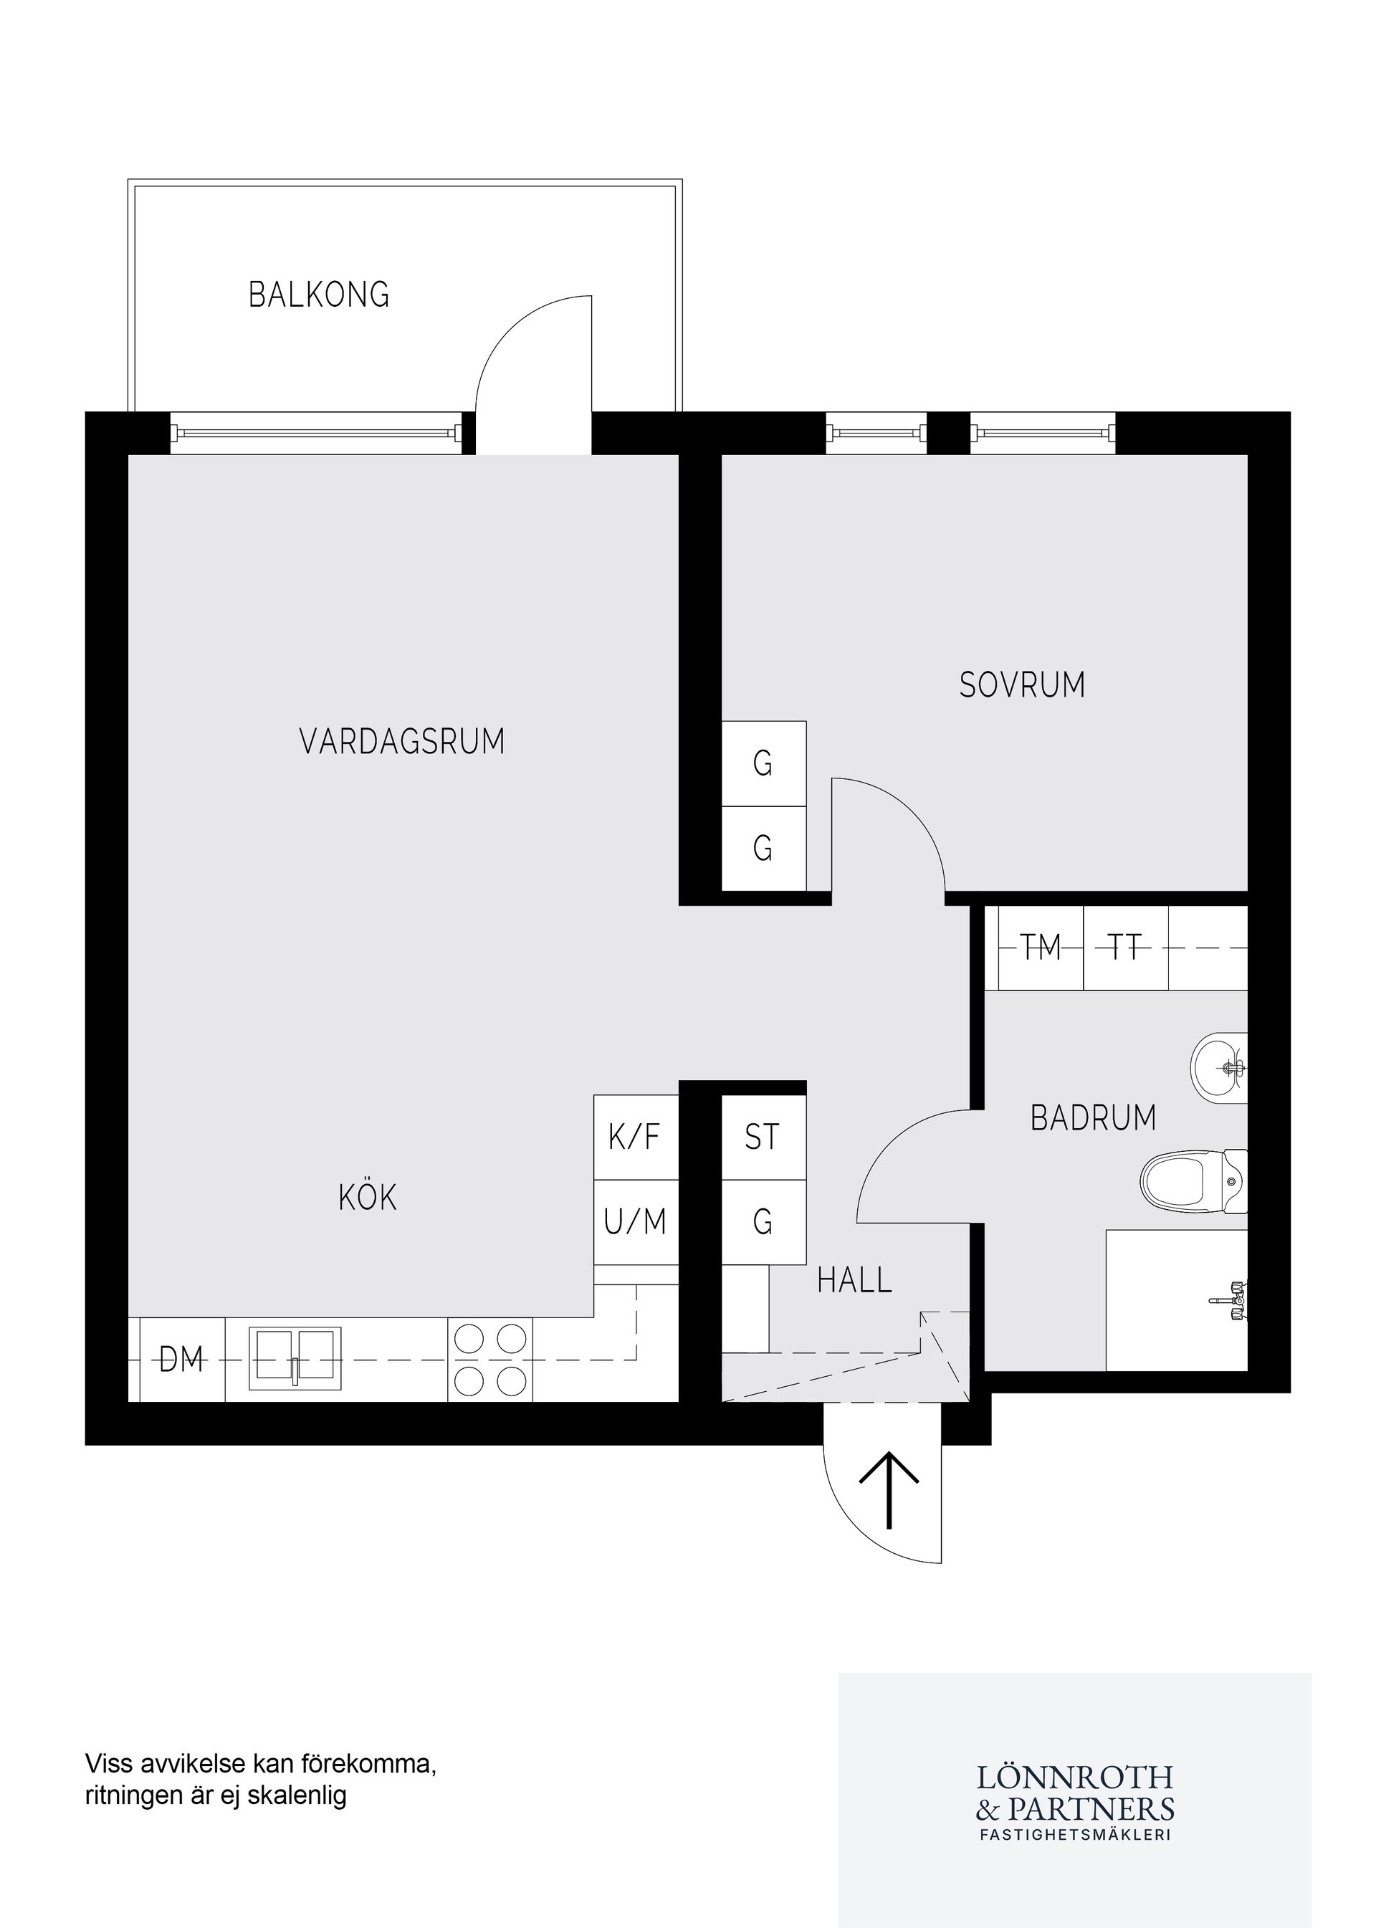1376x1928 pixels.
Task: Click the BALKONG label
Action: click(x=319, y=294)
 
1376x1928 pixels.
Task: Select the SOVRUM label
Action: click(x=1022, y=684)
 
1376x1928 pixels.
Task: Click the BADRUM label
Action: click(x=1093, y=1118)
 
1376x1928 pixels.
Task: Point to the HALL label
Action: click(x=854, y=1279)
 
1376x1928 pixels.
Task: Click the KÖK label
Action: click(x=368, y=1198)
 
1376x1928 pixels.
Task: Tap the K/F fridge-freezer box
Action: click(x=635, y=1137)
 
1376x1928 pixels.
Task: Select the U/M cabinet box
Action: click(x=635, y=1222)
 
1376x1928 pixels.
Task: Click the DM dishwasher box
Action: click(x=181, y=1360)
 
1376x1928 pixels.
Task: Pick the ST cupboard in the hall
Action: click(x=762, y=1137)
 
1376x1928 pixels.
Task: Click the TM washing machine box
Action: click(x=1041, y=948)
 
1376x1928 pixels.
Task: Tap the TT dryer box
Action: click(x=1125, y=948)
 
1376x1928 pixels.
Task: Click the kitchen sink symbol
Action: click(x=295, y=1358)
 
